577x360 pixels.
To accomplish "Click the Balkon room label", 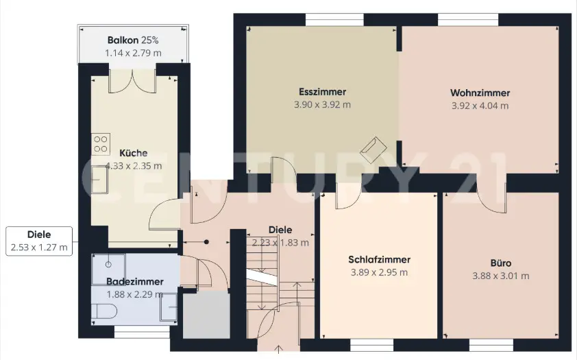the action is pos(123,40).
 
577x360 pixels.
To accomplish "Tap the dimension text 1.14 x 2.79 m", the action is pos(133,53).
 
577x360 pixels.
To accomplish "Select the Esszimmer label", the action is pos(322,92).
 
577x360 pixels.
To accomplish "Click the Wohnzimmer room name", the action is pos(480,93).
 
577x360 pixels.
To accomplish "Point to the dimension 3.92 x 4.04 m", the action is pos(480,106).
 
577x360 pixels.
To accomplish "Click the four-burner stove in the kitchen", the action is pos(101,144).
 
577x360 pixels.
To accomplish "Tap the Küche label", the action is pos(134,153).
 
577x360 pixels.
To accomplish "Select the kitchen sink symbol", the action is pos(99,180).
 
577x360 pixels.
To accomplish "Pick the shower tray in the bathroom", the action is pos(108,269).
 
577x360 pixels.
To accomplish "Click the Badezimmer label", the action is pos(135,282).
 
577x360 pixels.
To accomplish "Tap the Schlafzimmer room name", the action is pos(380,259).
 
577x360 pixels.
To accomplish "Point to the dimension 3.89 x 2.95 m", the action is pos(380,273).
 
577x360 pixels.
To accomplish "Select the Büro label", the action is pos(501,263).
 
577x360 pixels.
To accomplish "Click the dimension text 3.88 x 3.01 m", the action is pos(501,276).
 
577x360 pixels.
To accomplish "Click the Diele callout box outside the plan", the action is pos(39,241).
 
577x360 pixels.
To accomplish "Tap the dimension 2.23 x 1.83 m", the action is pos(280,243).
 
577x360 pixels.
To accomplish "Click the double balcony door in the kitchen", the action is pos(132,81).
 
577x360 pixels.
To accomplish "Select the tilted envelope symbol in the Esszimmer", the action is pos(373,149).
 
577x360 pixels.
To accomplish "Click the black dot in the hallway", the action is pos(207,242).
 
